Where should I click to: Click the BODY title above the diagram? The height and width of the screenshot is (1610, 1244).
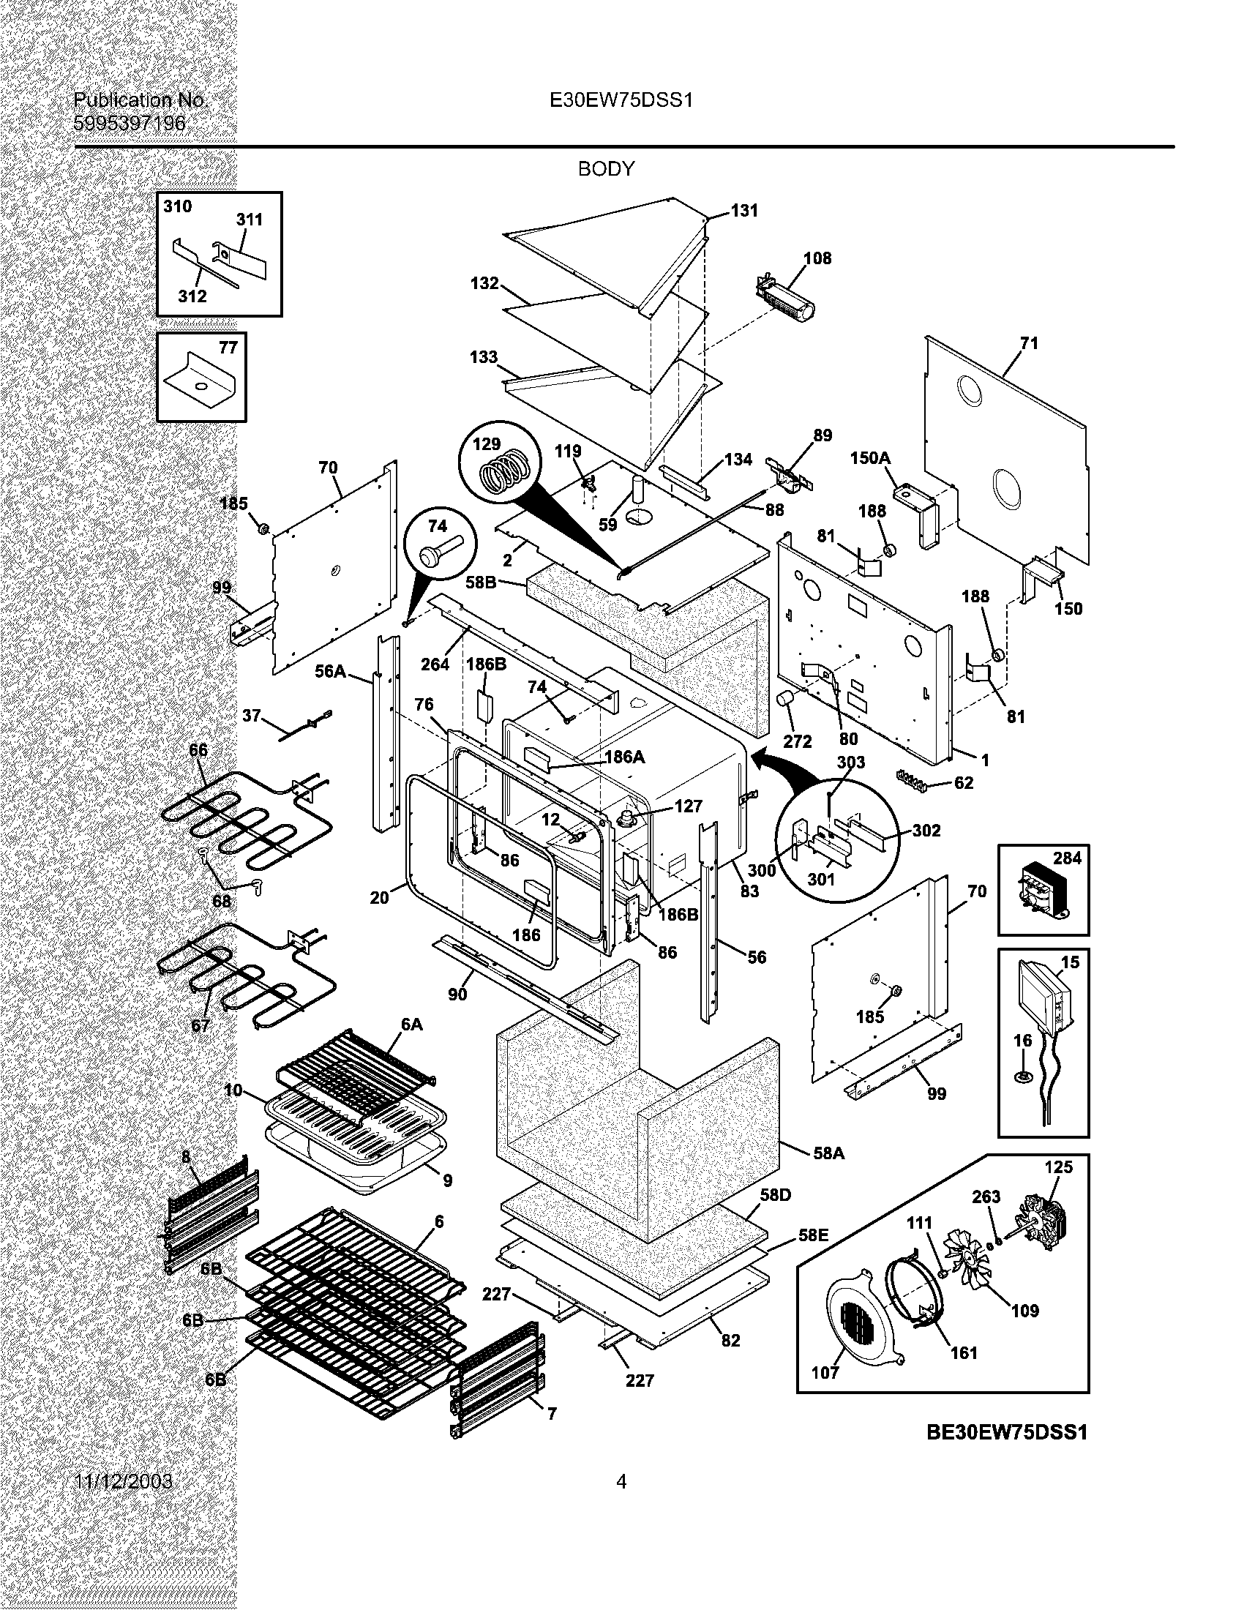coord(606,169)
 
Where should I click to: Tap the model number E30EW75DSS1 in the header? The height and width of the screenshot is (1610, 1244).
coord(621,100)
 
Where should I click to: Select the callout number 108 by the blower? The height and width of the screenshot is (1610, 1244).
coord(817,258)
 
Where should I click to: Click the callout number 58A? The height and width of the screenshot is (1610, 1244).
coord(828,1152)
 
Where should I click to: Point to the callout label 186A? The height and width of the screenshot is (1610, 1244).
coord(624,757)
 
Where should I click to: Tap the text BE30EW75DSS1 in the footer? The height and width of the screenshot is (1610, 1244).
coord(1007,1431)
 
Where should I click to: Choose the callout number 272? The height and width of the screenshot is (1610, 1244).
coord(797,741)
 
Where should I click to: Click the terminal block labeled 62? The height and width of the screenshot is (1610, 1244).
coord(913,781)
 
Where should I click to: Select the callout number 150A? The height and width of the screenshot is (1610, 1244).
coord(869,458)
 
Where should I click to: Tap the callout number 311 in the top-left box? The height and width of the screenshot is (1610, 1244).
coord(249,219)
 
